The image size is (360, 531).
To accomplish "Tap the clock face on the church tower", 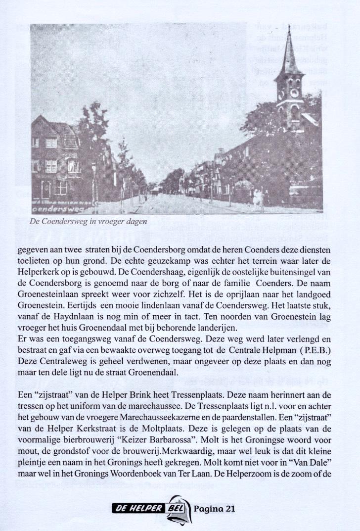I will coord(294,93).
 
